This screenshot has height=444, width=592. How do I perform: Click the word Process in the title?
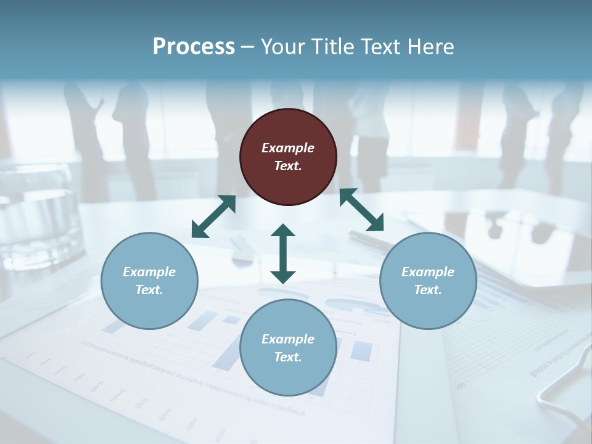coord(194,47)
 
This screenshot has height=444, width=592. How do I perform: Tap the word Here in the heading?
coord(432,47)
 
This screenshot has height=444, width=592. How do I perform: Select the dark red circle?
coord(288,157)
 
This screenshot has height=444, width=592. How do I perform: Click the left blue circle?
coord(149,281)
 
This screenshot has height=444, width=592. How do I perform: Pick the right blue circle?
coord(428,281)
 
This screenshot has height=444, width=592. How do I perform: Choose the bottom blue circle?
coord(288,348)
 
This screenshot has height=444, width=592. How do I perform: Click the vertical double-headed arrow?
coord(283,253)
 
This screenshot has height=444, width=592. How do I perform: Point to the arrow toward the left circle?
coord(213,216)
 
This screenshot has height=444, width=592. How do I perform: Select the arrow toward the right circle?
coord(362,210)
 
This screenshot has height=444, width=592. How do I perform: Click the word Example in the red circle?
coord(288,148)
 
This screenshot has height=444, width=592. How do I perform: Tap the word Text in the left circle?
coord(149,290)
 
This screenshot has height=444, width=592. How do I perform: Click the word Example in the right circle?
coord(428,272)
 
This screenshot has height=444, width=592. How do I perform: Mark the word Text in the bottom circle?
coord(288,357)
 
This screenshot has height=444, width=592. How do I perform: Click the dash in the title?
coord(247,47)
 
